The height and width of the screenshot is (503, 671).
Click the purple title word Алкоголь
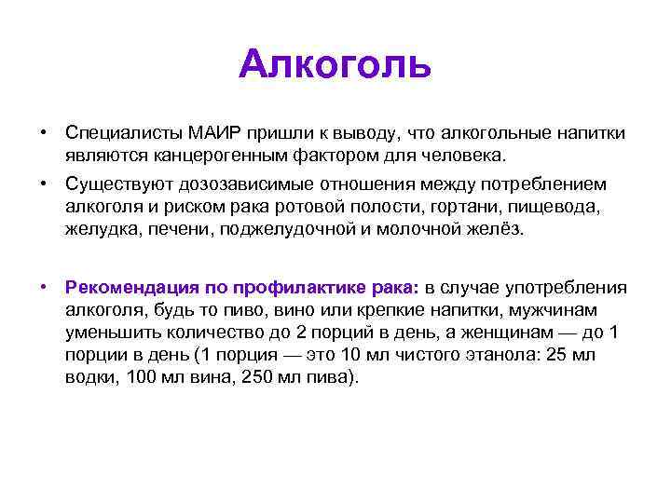[x=335, y=65]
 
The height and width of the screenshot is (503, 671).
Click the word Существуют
[x=115, y=185]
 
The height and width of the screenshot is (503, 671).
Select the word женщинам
[x=528, y=332]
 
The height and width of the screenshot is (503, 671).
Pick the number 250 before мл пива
[x=246, y=378]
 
